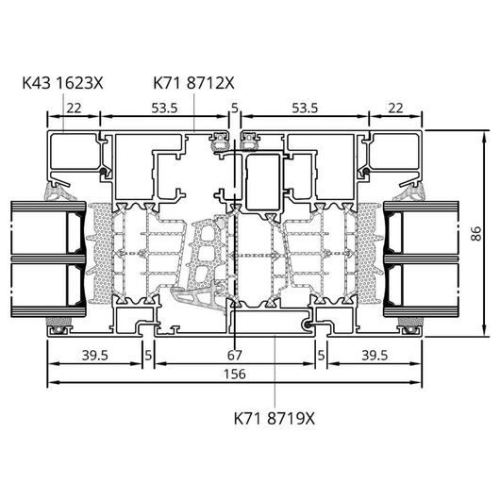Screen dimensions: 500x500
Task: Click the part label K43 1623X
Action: tap(63, 83)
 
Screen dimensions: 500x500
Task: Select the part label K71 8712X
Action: tap(194, 83)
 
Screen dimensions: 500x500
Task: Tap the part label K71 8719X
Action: tap(275, 418)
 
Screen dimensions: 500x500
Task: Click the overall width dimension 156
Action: tap(235, 374)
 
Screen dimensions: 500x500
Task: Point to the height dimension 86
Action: tap(476, 233)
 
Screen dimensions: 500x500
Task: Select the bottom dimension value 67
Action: tap(235, 355)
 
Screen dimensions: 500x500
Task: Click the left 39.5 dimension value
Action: tap(95, 355)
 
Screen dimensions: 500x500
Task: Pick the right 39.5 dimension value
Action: tap(375, 355)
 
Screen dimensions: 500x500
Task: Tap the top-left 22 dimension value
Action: tap(74, 108)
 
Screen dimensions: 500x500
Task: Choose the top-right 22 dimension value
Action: tap(395, 108)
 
